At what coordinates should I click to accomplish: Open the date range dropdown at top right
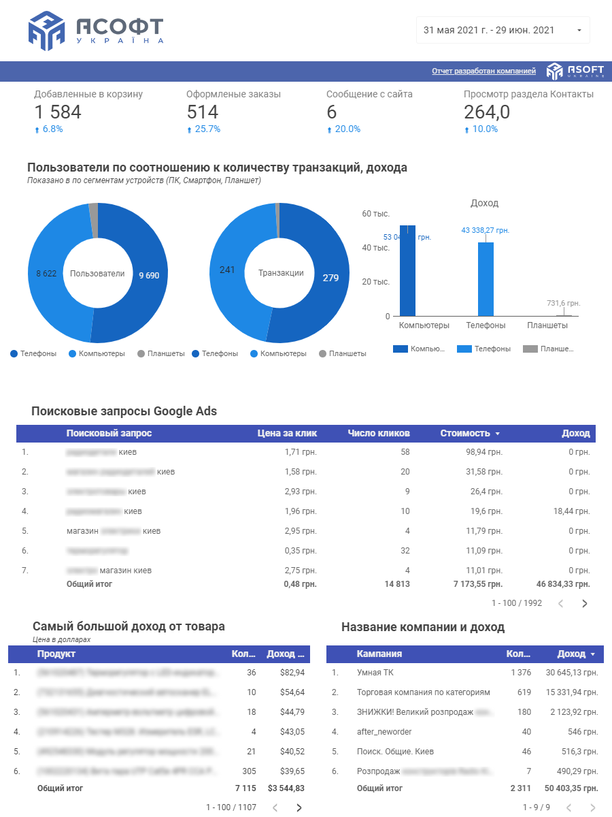[x=503, y=30]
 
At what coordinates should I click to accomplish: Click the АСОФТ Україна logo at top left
[x=96, y=31]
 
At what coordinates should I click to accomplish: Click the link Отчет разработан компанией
[x=483, y=71]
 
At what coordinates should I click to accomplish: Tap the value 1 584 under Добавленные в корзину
[x=58, y=112]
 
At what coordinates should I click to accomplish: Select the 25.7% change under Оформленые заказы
[x=207, y=129]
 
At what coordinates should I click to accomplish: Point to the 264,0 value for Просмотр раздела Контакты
[x=487, y=112]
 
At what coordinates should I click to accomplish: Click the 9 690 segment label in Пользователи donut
[x=148, y=276]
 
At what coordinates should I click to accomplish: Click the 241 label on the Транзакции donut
[x=227, y=270]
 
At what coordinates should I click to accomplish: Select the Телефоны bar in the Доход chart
[x=485, y=279]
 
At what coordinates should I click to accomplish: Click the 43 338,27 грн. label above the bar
[x=485, y=231]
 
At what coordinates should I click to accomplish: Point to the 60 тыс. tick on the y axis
[x=376, y=214]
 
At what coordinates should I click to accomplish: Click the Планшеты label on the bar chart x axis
[x=547, y=325]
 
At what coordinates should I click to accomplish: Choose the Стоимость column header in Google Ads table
[x=465, y=433]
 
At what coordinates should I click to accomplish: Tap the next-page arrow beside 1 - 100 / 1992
[x=584, y=603]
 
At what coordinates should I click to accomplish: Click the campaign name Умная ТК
[x=375, y=672]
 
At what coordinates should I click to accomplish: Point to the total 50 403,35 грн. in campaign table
[x=571, y=788]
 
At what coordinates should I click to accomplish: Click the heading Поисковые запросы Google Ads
[x=124, y=411]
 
